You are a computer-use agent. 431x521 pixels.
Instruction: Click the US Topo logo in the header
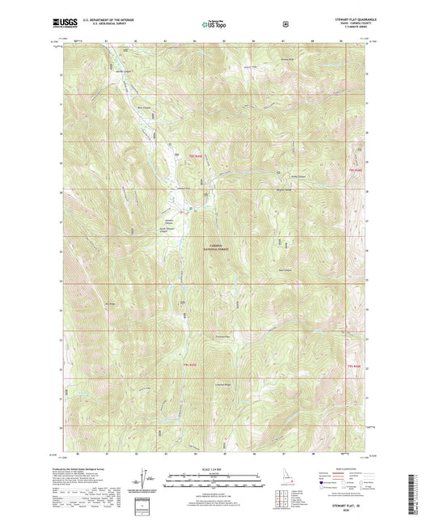click(214, 25)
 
